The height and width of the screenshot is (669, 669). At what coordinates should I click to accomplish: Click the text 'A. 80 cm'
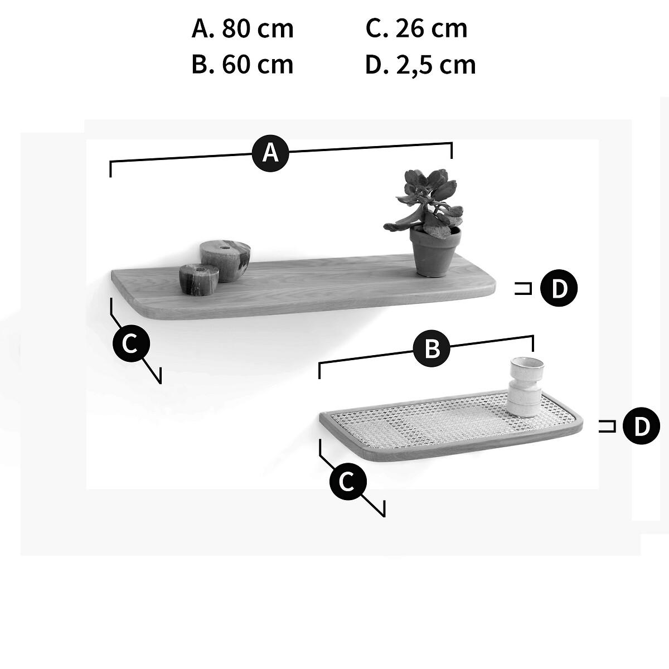243,28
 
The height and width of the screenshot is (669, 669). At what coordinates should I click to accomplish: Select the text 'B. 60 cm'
243,65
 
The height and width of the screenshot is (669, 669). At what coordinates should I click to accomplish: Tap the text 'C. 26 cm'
416,28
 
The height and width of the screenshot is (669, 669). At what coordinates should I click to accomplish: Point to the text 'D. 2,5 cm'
420,65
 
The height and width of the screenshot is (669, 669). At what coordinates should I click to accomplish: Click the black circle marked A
270,153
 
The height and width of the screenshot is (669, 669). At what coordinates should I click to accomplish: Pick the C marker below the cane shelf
348,482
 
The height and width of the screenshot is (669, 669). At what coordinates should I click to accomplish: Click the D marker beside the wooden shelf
559,288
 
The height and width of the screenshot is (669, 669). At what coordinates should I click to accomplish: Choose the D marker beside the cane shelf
641,426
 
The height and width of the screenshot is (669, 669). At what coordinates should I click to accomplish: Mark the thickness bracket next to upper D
523,288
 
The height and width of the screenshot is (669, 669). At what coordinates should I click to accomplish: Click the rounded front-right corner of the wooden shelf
491,289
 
